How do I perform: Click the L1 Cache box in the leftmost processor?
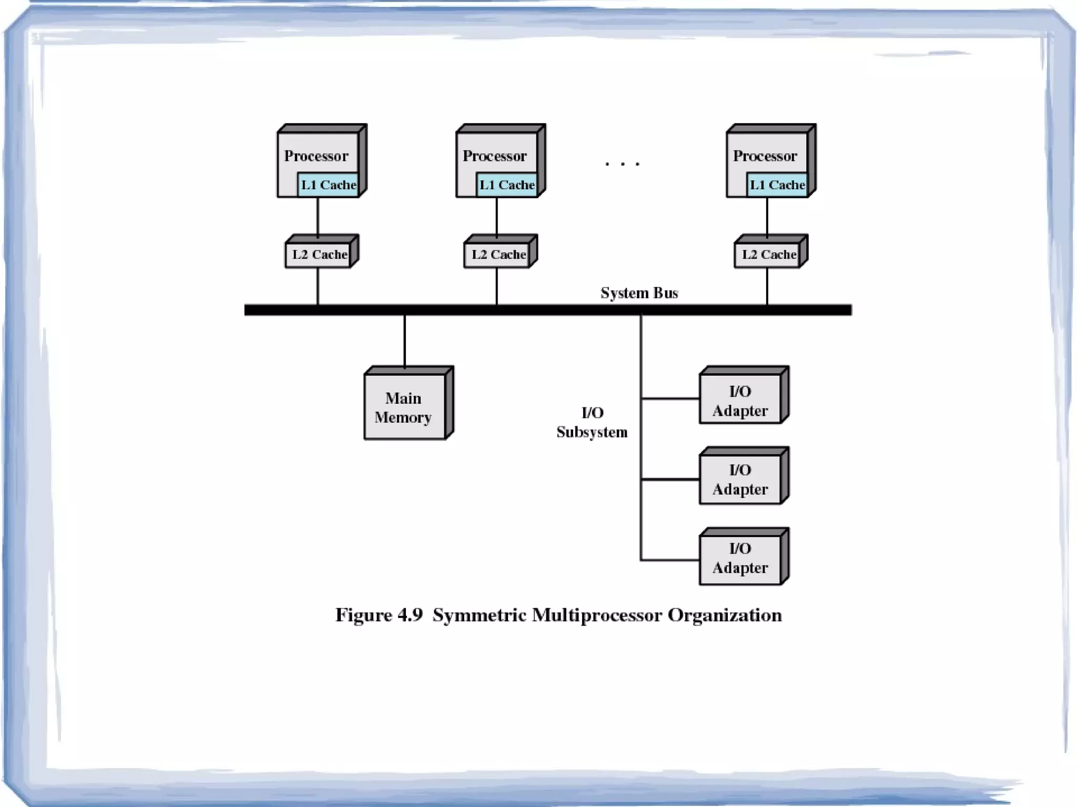click(328, 185)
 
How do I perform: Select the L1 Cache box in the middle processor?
click(507, 185)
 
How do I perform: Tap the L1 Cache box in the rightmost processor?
click(777, 185)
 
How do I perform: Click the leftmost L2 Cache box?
click(319, 255)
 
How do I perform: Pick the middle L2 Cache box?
click(498, 255)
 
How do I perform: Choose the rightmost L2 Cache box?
click(768, 255)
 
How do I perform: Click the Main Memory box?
click(404, 407)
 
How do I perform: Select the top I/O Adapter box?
click(740, 401)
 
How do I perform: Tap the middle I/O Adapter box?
click(740, 479)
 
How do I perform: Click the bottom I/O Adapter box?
click(740, 558)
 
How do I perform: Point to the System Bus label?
click(639, 293)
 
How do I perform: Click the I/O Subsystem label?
click(592, 422)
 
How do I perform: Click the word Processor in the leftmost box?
click(316, 156)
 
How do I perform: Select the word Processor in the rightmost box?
click(765, 156)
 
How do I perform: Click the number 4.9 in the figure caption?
click(410, 615)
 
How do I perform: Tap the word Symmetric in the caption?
click(479, 615)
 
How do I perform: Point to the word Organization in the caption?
click(724, 615)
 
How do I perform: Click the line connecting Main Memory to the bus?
click(404, 341)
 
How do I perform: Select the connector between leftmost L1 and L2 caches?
click(318, 216)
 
